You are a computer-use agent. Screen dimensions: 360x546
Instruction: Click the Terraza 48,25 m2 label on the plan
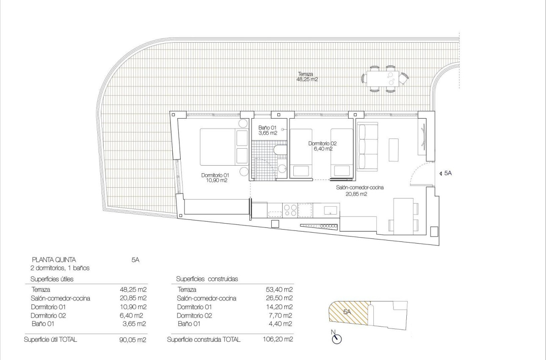pos(307,77)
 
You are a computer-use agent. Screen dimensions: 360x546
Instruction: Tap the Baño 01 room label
pos(267,130)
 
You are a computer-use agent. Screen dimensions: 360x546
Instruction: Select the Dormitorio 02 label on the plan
pos(323,146)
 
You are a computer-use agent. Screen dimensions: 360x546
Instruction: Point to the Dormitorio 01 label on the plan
pos(215,177)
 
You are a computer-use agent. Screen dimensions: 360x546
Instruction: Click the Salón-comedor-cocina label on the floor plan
pos(360,191)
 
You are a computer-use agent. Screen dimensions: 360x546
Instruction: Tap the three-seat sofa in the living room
pos(367,147)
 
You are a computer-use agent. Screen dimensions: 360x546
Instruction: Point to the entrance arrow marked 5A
pos(446,173)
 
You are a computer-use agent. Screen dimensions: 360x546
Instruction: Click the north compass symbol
pos(337,338)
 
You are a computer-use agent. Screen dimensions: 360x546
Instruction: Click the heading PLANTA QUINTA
pos(54,260)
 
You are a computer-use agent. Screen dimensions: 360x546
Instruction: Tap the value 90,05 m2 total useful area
pos(133,340)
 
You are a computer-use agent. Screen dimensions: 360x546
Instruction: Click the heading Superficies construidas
pos(207,279)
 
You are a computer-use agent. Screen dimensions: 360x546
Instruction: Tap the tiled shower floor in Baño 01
pos(262,161)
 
